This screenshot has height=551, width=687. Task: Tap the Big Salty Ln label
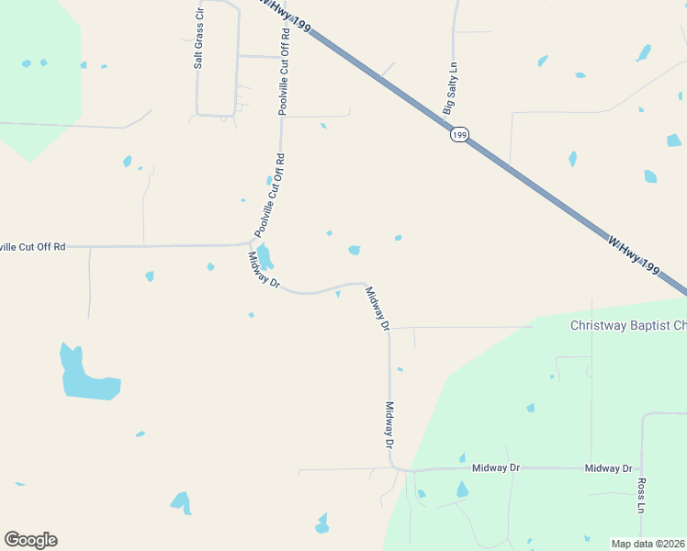click(450, 88)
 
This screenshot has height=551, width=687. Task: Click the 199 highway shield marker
click(459, 135)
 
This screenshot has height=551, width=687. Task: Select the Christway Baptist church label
click(628, 325)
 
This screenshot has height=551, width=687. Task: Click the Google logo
click(30, 540)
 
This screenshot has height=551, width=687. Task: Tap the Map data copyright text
click(647, 544)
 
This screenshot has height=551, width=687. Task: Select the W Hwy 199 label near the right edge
click(634, 254)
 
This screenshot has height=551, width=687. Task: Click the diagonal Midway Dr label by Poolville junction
click(264, 272)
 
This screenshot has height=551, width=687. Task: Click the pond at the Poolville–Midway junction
click(264, 256)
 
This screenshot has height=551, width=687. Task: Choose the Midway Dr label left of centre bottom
click(496, 468)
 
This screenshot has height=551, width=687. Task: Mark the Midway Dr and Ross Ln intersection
click(641, 468)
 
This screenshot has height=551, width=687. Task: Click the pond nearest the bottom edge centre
click(321, 523)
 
